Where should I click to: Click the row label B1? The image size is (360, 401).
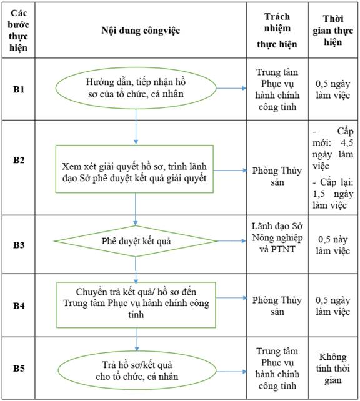point(19,89)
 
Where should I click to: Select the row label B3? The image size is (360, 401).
point(19,245)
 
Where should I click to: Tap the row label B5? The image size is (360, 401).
point(19,369)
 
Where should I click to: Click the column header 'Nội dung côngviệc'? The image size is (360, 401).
point(141,31)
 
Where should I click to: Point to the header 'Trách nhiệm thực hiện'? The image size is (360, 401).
point(277,31)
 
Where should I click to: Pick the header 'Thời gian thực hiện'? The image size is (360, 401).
point(333,31)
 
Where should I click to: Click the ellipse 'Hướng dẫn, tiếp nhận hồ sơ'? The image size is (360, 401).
point(136,88)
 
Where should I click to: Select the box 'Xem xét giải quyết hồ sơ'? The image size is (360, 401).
point(134,169)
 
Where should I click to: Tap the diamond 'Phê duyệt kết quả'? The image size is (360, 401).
point(136,241)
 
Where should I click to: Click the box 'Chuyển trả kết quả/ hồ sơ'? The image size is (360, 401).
point(136,305)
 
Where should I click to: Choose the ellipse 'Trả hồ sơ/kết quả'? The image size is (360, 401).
point(137,371)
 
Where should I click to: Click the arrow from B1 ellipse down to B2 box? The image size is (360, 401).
point(136,127)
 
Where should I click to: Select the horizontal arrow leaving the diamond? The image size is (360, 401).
point(231,241)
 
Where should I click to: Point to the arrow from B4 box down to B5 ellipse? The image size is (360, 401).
point(137,339)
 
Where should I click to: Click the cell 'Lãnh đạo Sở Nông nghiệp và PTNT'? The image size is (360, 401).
point(277,237)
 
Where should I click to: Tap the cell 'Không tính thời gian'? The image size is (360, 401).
point(333,369)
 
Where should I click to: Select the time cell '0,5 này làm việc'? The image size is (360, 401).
point(333,245)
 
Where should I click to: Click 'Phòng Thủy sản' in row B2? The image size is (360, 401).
point(277,176)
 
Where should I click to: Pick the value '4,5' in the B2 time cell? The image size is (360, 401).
point(347,142)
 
